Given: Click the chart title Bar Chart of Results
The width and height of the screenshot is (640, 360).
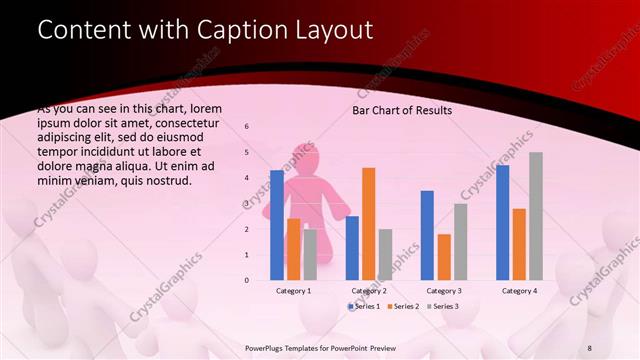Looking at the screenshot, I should pyautogui.click(x=402, y=110).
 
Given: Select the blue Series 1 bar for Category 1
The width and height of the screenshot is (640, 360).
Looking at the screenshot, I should pyautogui.click(x=277, y=225).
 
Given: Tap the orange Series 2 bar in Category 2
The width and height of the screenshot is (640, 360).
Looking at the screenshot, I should pyautogui.click(x=368, y=224).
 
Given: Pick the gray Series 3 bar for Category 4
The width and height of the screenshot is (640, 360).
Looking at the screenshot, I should pyautogui.click(x=535, y=216).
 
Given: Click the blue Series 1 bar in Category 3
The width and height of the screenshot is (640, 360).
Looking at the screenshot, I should pyautogui.click(x=427, y=235).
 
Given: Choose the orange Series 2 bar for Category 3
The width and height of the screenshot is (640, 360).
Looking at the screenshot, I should pyautogui.click(x=443, y=257).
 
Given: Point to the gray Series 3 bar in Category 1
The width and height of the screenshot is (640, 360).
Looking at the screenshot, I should pyautogui.click(x=310, y=255).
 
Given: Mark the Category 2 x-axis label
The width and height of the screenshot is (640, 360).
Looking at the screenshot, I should pyautogui.click(x=368, y=290).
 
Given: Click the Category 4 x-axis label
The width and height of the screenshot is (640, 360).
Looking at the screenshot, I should pyautogui.click(x=518, y=290).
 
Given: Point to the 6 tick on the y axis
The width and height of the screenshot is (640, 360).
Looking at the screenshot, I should pyautogui.click(x=247, y=128).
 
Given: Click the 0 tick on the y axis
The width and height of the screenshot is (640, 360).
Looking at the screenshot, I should pyautogui.click(x=247, y=280).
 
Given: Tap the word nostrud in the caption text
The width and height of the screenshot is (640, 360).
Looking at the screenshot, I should pyautogui.click(x=167, y=180).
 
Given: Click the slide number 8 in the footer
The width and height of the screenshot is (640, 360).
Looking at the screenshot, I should pyautogui.click(x=589, y=346).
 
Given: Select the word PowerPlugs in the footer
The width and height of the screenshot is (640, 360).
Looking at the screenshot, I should pyautogui.click(x=266, y=346).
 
